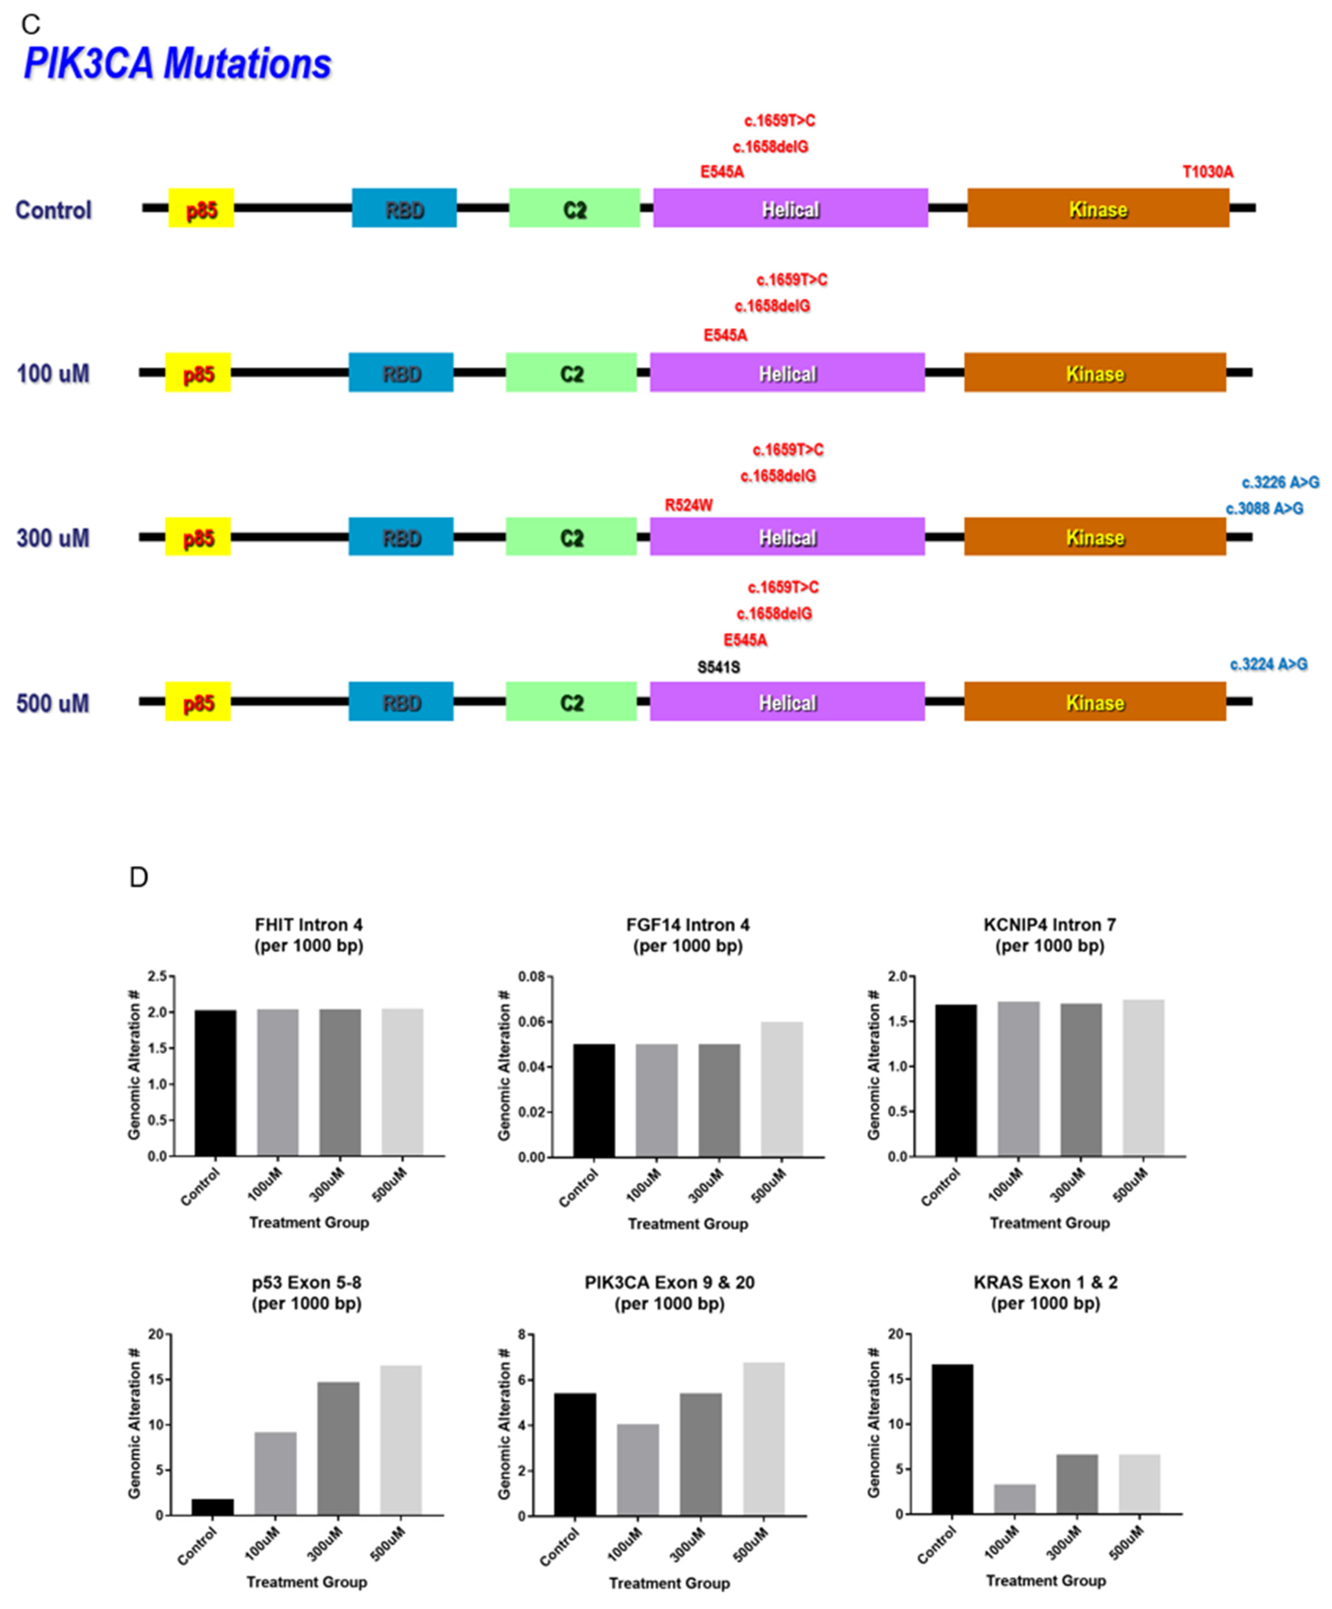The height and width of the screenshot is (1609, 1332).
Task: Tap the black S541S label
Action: coord(718,667)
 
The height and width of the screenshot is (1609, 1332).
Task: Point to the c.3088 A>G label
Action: coord(1264,509)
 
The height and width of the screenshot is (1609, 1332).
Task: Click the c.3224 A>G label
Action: coord(1268,664)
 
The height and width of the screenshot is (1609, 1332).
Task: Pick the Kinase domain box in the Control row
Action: coord(1098,208)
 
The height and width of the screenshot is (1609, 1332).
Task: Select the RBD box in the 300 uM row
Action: coord(401,537)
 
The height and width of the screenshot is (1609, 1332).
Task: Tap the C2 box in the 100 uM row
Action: coord(571,373)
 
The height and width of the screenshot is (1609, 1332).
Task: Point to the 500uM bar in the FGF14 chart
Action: coord(782,1089)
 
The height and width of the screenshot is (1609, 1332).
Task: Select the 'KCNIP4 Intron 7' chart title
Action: coord(1049,926)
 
